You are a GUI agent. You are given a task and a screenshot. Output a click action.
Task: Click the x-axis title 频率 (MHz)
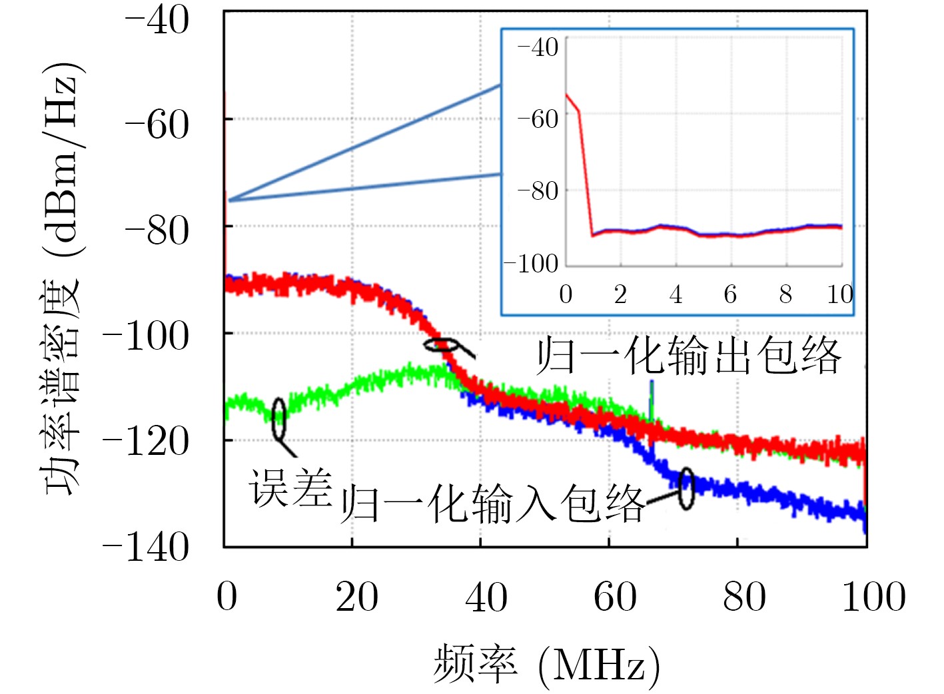[546, 665]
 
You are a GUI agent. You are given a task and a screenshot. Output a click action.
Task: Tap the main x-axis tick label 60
[614, 597]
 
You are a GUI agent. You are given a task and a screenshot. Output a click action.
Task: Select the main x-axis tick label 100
[873, 597]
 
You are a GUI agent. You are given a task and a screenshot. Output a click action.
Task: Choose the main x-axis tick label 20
[356, 597]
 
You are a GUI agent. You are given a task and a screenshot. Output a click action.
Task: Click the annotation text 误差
[290, 488]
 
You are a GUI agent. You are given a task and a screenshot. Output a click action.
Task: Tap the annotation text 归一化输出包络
[689, 356]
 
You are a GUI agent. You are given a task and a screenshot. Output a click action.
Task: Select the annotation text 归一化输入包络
[493, 504]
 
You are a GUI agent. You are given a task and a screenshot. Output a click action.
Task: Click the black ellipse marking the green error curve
[279, 419]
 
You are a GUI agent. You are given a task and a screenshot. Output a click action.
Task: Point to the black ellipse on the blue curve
[686, 488]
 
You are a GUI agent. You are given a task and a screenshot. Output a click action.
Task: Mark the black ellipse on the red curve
[441, 344]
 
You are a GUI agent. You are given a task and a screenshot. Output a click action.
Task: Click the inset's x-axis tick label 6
[730, 294]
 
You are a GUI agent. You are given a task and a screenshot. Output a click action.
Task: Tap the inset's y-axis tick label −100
[532, 264]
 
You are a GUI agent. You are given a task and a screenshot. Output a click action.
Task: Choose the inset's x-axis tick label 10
[839, 294]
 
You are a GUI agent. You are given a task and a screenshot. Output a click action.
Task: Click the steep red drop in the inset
[586, 173]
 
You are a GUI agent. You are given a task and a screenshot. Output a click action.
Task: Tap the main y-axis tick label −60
[157, 125]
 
